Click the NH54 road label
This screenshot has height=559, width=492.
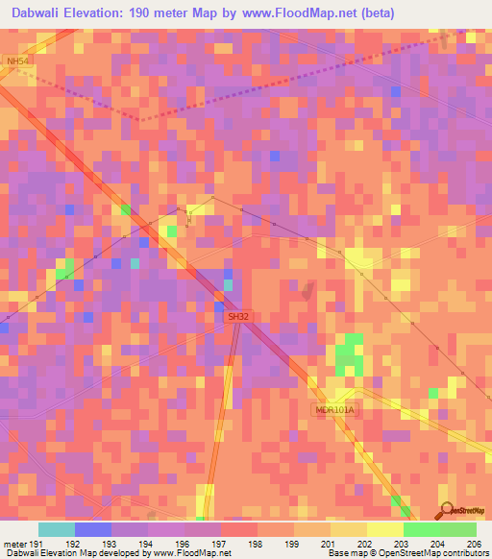click(16, 61)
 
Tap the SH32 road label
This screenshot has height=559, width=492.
click(237, 316)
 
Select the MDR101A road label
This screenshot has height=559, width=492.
click(335, 410)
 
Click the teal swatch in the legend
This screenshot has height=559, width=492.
click(56, 529)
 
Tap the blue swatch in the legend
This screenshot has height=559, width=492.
click(92, 529)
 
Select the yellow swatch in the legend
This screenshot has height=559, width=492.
click(384, 529)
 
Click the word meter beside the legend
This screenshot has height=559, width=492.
click(14, 544)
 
